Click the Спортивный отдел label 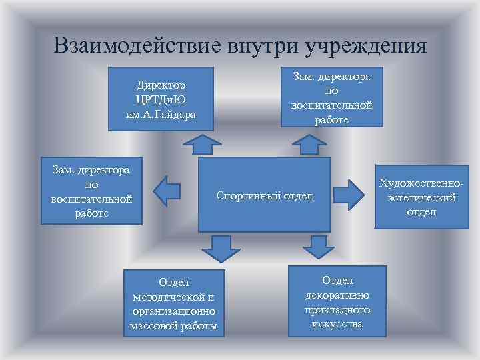click(264, 196)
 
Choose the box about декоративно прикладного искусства click(337, 301)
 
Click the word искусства click(337, 324)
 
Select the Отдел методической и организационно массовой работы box click(174, 303)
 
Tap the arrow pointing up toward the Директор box click(203, 144)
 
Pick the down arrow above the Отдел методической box click(217, 248)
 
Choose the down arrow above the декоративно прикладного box click(319, 247)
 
